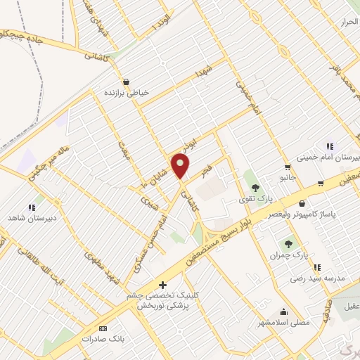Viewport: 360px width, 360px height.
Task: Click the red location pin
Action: click(181, 165)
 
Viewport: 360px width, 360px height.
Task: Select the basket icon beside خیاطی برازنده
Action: click(126, 82)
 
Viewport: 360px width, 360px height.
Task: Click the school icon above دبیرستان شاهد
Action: click(32, 207)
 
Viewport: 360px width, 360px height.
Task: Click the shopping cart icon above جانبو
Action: click(287, 167)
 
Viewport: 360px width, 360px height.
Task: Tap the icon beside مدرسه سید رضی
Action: click(317, 267)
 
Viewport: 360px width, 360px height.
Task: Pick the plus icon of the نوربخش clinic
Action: click(163, 285)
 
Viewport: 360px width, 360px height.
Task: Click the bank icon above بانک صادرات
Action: click(103, 328)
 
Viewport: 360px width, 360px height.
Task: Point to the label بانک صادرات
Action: click(98, 339)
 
